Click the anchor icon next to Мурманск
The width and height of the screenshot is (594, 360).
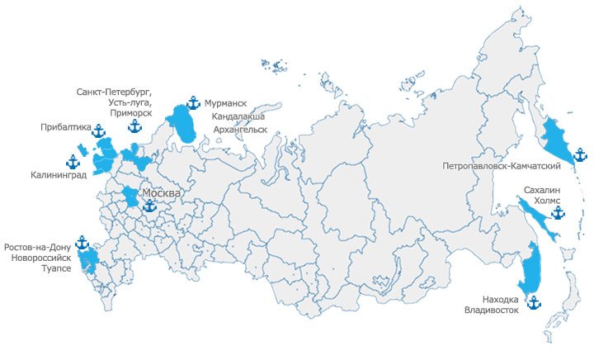[193, 103]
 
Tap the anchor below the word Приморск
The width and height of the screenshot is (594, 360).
[134, 126]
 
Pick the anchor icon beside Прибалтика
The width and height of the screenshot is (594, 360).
[98, 130]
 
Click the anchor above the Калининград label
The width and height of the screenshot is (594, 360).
[73, 162]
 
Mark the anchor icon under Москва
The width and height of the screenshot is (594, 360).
[149, 206]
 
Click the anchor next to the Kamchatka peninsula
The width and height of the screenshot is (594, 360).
[580, 154]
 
